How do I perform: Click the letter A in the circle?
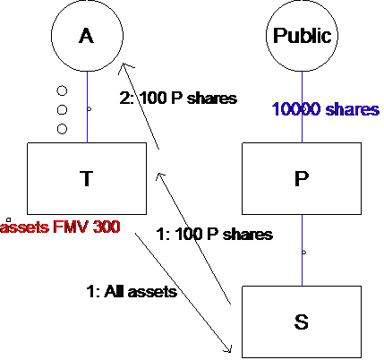tap(87, 36)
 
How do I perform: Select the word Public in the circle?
tap(302, 36)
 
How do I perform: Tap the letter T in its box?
tap(87, 178)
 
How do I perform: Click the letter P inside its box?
tap(302, 178)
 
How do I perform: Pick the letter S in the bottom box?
tap(302, 321)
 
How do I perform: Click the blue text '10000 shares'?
tap(326, 109)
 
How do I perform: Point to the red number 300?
tap(107, 227)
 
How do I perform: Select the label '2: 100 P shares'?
tap(178, 98)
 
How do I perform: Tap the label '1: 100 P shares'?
tap(215, 234)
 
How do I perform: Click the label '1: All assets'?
tap(132, 291)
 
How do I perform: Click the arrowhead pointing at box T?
tap(159, 176)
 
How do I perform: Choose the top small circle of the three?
tap(62, 90)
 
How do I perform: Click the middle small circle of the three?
tap(62, 110)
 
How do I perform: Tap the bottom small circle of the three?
tap(62, 129)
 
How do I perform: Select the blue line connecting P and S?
tap(302, 250)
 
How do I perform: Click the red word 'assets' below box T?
tap(24, 227)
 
